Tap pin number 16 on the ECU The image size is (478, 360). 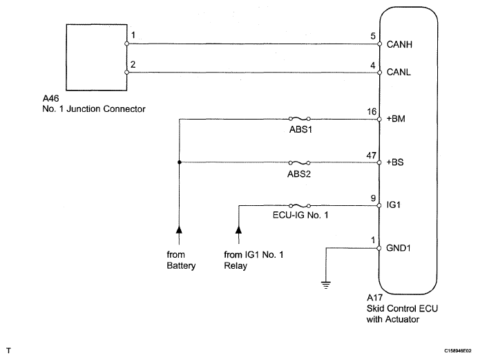click(373, 112)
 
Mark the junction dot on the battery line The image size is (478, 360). click(178, 163)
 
